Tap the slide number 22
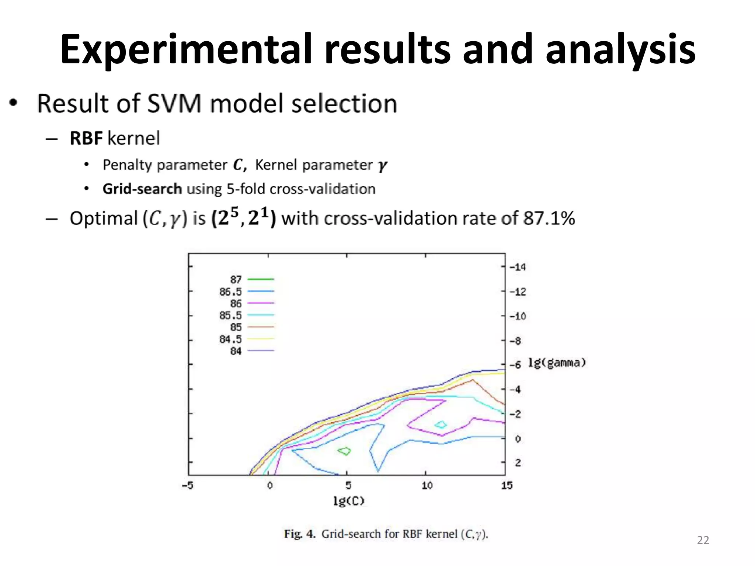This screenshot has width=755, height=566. pos(703,540)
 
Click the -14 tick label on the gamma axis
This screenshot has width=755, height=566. pos(518,267)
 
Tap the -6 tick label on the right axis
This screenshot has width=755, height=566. pos(515,365)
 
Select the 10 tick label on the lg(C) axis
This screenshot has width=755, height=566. pos(427,486)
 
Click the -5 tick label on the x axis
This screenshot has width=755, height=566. pos(188,486)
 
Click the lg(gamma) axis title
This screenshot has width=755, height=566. pos(557,363)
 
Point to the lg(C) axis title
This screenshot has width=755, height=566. pos(348,501)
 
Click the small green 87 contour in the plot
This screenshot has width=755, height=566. pos(345,451)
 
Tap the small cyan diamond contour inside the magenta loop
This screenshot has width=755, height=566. pos(441,424)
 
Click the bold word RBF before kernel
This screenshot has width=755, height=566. pos(86,139)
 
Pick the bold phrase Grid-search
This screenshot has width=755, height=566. pos(142,189)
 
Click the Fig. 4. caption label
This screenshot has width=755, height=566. pos(299,534)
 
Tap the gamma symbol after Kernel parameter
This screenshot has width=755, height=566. pos(382,165)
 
